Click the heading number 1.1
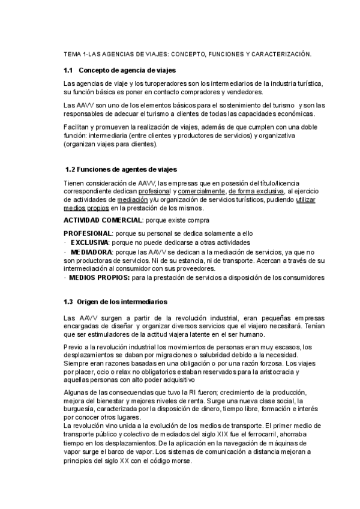[x=68, y=70]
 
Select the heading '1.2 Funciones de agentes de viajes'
[x=121, y=169]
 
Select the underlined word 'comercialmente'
[x=200, y=191]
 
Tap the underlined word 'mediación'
[x=133, y=199]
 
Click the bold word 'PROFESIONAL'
[x=88, y=233]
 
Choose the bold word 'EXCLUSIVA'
[x=90, y=242]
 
